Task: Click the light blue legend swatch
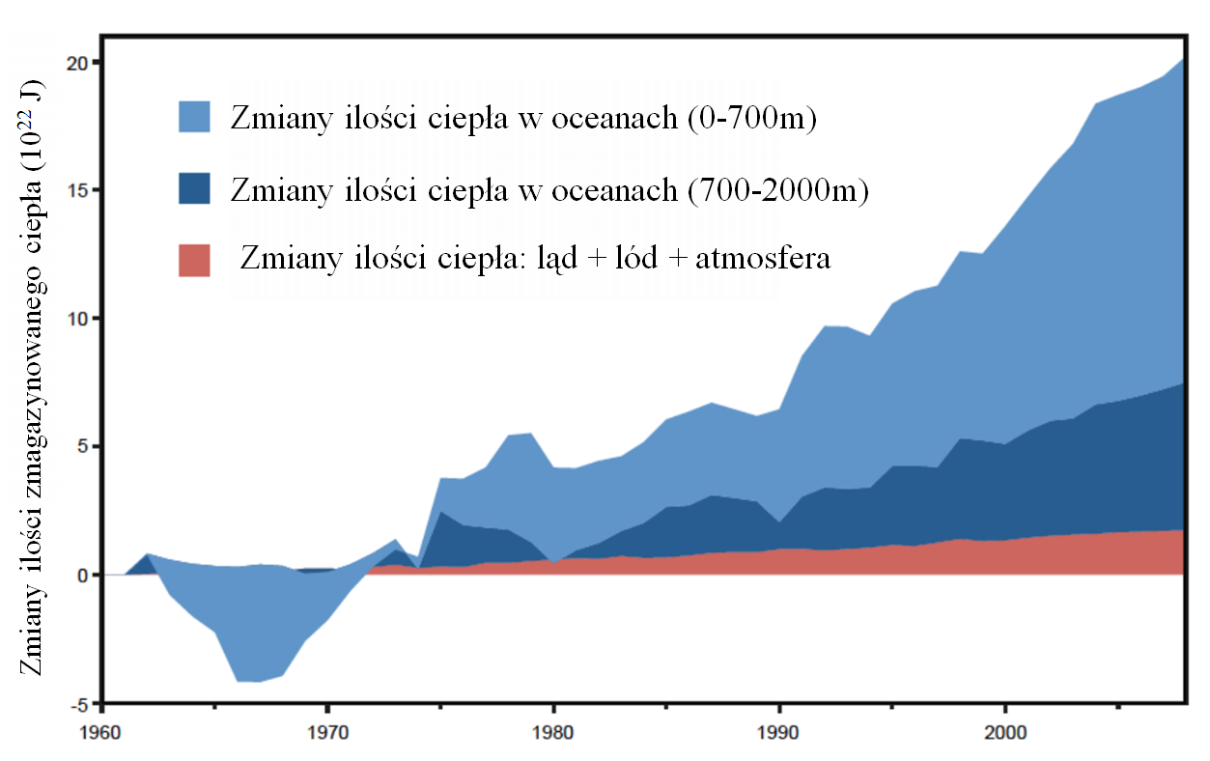point(194,116)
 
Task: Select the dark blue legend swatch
point(194,188)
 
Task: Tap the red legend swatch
point(194,261)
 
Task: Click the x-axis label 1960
point(101,731)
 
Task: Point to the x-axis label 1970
point(327,731)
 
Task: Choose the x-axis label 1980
point(553,731)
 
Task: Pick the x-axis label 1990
point(779,731)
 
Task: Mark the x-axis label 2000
point(1005,731)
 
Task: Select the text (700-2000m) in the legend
point(777,190)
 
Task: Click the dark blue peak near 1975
point(440,514)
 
